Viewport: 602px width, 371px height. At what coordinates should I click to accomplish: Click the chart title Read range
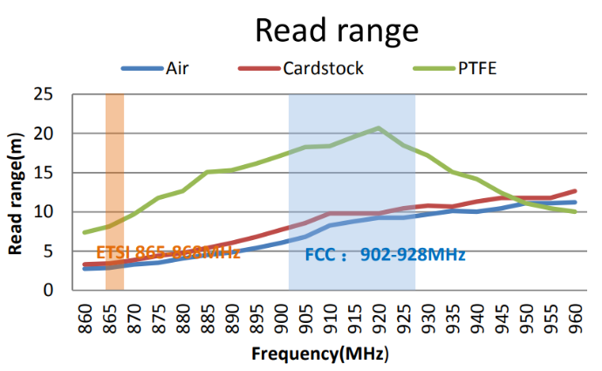336,30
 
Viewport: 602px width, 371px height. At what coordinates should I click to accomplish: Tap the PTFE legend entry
476,68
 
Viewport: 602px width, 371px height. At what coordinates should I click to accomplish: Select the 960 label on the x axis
576,316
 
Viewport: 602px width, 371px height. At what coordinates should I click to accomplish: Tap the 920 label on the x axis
380,316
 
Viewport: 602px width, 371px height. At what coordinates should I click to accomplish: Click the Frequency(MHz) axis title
320,354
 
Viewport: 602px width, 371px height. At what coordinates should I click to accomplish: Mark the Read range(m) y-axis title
17,194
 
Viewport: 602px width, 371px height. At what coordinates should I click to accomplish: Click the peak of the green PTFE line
379,128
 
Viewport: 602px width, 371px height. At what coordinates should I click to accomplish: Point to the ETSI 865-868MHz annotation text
168,253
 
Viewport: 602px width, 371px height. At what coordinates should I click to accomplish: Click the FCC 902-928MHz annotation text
385,255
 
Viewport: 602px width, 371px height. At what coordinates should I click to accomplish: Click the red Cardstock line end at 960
575,190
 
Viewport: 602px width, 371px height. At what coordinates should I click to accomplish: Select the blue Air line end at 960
575,202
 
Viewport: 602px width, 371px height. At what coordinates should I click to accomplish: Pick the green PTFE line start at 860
85,232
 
